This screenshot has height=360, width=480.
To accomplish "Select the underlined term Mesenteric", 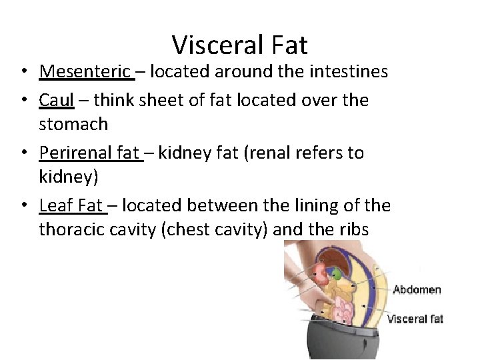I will [85, 71].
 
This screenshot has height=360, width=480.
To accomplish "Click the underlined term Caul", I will [56, 100].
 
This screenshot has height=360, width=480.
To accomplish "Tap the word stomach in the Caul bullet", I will [73, 124].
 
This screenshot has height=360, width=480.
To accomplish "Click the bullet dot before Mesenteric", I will [23, 72].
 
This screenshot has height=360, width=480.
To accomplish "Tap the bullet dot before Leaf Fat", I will [23, 205].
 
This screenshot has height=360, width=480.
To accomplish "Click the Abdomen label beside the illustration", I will [417, 289].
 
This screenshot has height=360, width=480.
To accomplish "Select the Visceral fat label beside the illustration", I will [415, 319].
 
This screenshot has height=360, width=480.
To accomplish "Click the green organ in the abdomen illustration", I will [337, 273].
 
